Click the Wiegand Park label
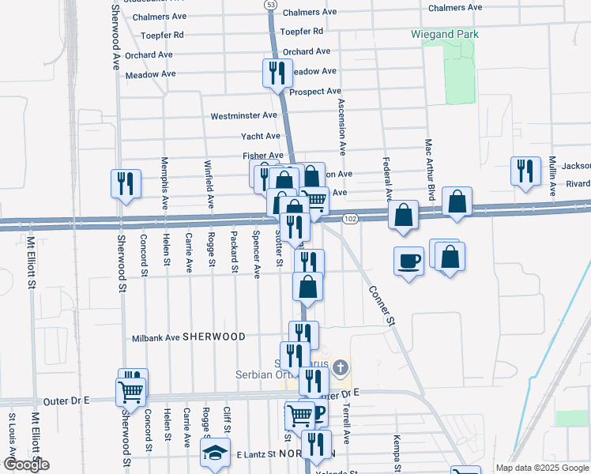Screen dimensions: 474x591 (445, 35)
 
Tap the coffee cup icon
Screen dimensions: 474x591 (408, 260)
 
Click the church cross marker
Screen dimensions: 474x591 (341, 367)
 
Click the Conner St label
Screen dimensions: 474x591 (381, 303)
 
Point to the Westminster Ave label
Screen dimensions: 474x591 (243, 115)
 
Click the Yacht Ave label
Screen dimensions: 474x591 (261, 136)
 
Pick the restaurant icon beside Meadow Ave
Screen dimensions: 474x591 (277, 73)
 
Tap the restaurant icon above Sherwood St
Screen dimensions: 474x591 (126, 184)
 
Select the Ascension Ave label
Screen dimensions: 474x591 (342, 126)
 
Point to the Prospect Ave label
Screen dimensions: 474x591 (314, 92)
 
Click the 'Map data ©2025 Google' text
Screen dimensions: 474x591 (543, 468)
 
